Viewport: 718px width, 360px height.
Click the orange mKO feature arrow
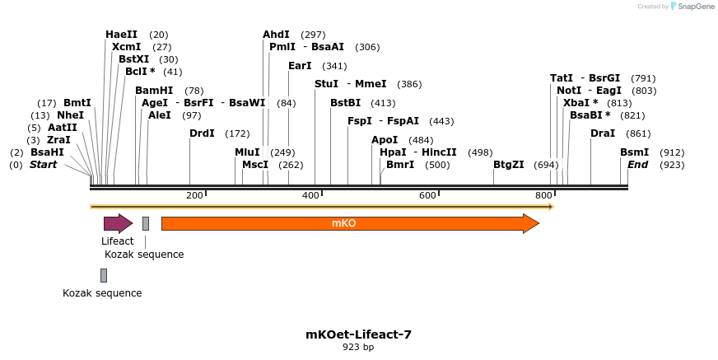[349, 223]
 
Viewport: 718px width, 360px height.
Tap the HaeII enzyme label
[121, 35]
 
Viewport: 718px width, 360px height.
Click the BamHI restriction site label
[154, 91]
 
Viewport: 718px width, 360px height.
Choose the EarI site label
[300, 66]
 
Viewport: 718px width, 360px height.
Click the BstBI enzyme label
[346, 103]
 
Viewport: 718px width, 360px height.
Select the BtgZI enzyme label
[509, 165]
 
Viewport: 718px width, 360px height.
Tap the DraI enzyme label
[603, 133]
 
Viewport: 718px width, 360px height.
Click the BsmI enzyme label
[634, 152]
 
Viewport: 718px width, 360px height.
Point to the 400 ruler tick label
[310, 195]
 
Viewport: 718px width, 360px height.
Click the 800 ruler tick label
[543, 195]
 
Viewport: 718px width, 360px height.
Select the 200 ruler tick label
[194, 195]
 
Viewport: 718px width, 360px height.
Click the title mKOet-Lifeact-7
[358, 334]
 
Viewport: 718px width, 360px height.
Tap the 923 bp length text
[358, 348]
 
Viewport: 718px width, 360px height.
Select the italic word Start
[44, 165]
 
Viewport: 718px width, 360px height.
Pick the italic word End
[637, 165]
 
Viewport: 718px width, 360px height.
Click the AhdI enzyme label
[276, 35]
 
